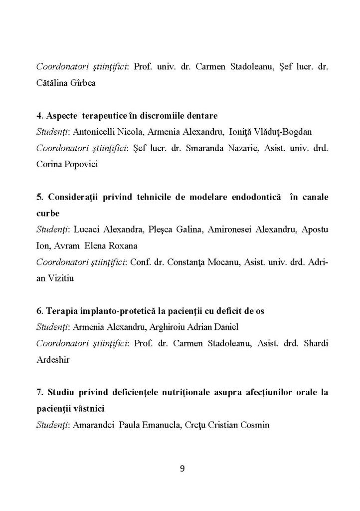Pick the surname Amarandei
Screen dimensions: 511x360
tap(93, 425)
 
